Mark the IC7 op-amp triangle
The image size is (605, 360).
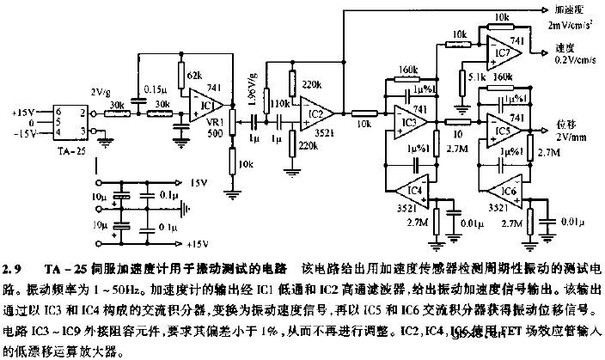508,54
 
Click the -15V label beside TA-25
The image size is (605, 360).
22,133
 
